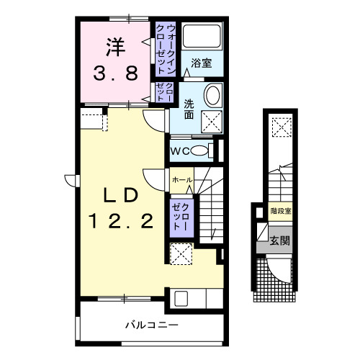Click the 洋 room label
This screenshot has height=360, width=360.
pyautogui.click(x=114, y=46)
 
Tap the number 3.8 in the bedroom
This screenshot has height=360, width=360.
pyautogui.click(x=114, y=73)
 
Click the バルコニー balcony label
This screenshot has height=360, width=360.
pyautogui.click(x=151, y=325)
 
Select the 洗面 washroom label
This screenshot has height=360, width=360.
pyautogui.click(x=189, y=108)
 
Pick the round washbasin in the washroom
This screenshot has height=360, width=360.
pyautogui.click(x=212, y=96)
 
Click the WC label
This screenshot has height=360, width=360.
pyautogui.click(x=180, y=150)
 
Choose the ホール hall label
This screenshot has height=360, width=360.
pyautogui.click(x=181, y=179)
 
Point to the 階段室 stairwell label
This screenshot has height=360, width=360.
pyautogui.click(x=279, y=211)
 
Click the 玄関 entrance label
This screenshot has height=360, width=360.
pyautogui.click(x=279, y=240)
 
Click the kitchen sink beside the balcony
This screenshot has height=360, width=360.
pyautogui.click(x=181, y=298)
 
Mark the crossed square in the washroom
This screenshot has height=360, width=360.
pyautogui.click(x=211, y=120)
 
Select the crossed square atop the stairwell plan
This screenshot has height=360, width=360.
pyautogui.click(x=279, y=127)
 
